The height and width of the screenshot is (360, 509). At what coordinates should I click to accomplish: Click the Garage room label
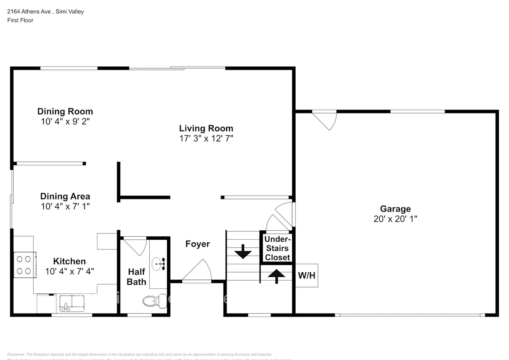click(395, 209)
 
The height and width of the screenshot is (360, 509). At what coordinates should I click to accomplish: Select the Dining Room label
click(65, 111)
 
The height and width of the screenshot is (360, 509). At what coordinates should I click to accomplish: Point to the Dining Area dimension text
click(65, 206)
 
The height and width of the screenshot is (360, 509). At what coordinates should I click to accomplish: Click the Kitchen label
click(69, 261)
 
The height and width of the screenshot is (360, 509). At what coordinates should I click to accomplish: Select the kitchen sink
click(72, 302)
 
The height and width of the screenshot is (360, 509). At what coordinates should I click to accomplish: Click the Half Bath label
click(137, 276)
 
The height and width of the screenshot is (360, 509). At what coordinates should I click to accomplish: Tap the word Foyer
click(198, 244)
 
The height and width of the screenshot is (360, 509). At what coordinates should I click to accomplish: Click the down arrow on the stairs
click(243, 251)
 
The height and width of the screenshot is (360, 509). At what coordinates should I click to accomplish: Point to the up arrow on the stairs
click(276, 276)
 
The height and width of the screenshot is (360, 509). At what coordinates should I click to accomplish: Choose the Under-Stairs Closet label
click(277, 248)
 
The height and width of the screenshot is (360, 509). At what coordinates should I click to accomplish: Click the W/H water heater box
click(306, 275)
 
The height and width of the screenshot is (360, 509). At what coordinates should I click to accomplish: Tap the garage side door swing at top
click(327, 120)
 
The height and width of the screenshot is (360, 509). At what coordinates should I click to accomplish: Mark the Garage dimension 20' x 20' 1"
click(395, 219)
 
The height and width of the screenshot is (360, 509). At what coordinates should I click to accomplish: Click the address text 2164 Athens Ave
click(28, 12)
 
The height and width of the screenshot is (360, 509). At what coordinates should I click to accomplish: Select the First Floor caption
click(20, 20)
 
